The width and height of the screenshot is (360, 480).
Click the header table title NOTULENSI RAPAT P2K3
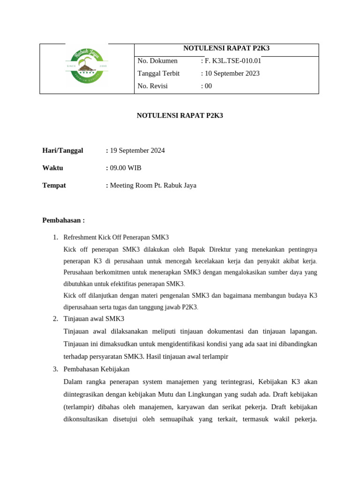[226, 48]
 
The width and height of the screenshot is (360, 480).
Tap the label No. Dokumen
[157, 61]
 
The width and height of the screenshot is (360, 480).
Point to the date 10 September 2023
[232, 74]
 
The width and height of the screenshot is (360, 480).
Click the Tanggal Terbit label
[158, 74]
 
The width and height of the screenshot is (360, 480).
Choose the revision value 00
[208, 86]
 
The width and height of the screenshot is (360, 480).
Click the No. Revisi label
[152, 86]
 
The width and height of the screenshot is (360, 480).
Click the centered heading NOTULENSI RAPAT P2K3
[180, 115]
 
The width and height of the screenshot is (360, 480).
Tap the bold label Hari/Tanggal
[63, 150]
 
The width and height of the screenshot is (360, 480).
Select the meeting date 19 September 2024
[137, 150]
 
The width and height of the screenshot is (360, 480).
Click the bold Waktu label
[52, 168]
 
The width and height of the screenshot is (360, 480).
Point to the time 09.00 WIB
[126, 168]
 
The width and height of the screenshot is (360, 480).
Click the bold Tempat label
[54, 185]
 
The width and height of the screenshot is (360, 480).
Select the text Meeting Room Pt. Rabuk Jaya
[153, 185]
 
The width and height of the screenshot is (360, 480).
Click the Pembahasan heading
[63, 220]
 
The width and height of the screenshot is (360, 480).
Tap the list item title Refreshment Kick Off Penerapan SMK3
[116, 238]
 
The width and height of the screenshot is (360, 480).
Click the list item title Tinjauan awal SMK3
[94, 319]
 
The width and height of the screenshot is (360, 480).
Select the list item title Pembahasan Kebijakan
[96, 369]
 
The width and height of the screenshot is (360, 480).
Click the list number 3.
[55, 369]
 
